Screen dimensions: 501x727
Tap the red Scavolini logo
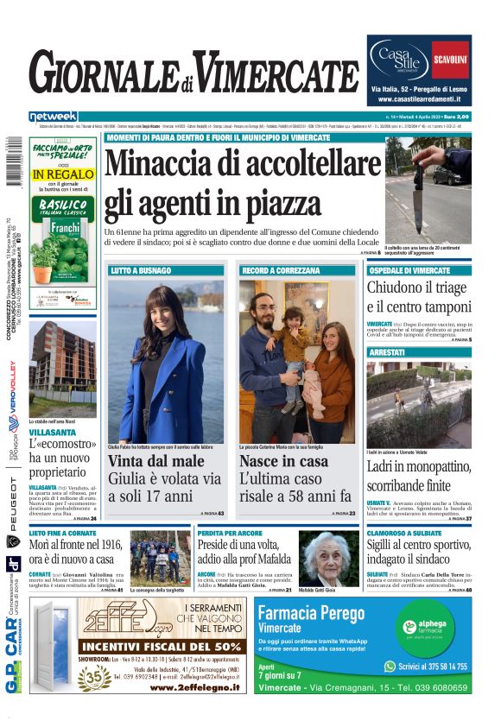point(450,60)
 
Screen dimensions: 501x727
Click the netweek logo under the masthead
point(53,117)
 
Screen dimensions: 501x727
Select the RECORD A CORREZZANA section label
point(276,270)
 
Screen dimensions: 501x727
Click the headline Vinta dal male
point(156,462)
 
